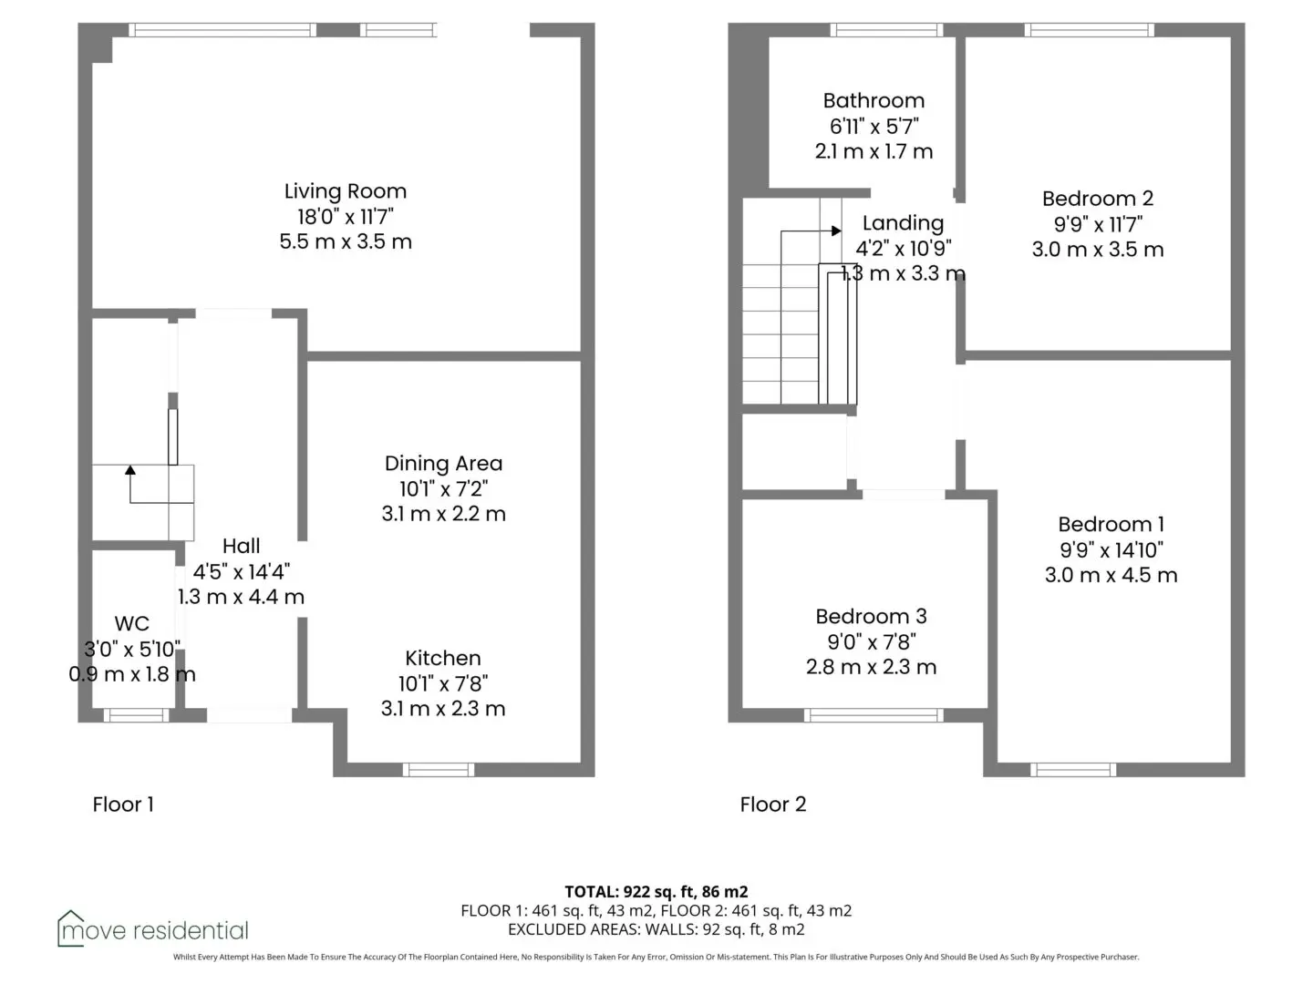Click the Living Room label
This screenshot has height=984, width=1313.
[346, 191]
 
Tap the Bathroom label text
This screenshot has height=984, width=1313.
[874, 100]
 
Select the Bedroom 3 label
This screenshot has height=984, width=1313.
[871, 616]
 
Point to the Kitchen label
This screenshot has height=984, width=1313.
[442, 658]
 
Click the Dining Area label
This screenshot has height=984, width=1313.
[443, 463]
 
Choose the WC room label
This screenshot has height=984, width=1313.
[131, 623]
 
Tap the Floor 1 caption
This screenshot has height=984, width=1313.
[123, 805]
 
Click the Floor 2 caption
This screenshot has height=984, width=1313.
[773, 805]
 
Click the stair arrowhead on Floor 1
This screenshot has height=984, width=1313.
[129, 469]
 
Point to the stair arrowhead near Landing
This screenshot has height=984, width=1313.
[836, 231]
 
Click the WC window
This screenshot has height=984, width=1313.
[137, 715]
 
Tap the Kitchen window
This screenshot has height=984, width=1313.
[439, 770]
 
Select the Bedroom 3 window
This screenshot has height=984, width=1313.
[874, 715]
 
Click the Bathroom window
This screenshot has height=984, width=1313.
[886, 30]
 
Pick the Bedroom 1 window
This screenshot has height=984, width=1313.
[1073, 770]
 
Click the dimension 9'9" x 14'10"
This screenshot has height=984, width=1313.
[1111, 549]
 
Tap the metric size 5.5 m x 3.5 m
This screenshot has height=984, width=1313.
[346, 241]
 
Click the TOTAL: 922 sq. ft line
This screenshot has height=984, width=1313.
[656, 892]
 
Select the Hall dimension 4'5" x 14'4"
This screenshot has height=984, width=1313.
[241, 572]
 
